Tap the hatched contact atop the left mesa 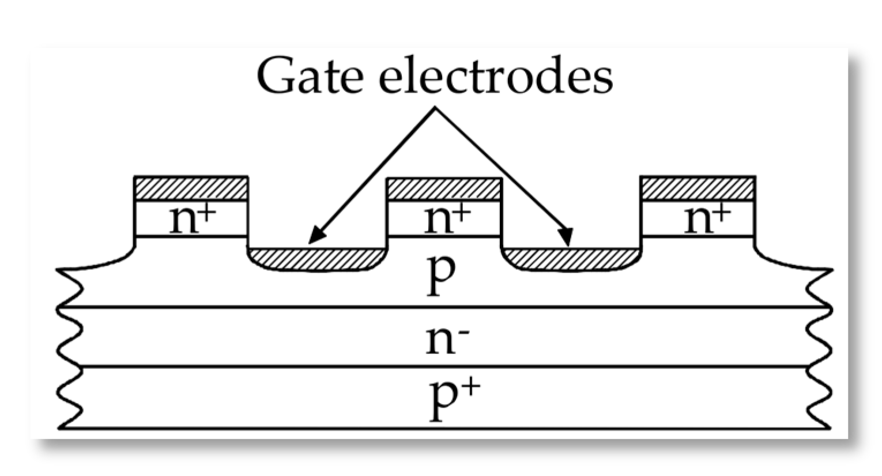click(191, 188)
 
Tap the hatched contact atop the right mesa click(698, 188)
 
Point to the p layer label click(441, 275)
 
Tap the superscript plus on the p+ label click(470, 387)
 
